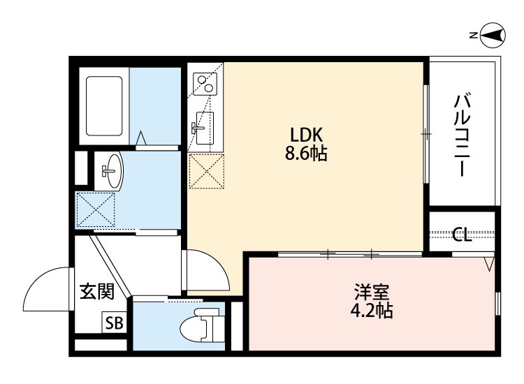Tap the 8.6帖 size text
305,154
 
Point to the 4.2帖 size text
370,310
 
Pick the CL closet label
462,235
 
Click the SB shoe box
114,323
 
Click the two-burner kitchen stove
205,84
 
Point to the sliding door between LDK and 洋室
349,253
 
